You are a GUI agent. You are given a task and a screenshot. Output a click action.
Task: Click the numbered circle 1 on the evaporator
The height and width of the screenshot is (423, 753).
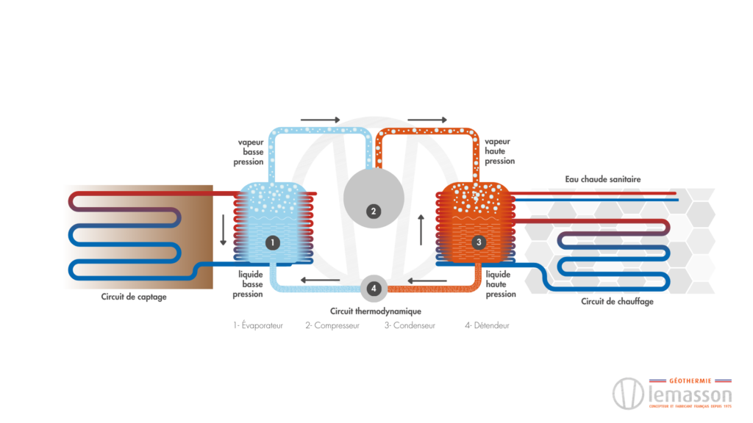(272, 242)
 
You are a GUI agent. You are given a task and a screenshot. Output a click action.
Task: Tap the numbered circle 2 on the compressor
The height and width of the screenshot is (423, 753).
(374, 211)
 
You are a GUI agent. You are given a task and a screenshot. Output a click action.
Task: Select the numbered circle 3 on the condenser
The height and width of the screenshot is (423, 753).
(479, 242)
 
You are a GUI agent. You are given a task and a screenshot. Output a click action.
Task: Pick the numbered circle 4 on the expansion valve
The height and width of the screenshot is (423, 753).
(374, 289)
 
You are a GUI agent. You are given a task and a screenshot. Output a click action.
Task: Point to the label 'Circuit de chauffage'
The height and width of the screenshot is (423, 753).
(617, 301)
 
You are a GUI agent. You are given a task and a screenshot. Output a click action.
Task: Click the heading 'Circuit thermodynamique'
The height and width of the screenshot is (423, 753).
(376, 311)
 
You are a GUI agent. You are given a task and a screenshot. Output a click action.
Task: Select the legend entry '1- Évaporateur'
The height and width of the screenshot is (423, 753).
(258, 325)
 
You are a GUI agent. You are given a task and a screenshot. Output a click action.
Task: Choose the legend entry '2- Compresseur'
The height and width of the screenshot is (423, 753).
(332, 325)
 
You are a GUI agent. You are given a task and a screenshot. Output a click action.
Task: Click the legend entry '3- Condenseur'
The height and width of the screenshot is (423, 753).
(409, 325)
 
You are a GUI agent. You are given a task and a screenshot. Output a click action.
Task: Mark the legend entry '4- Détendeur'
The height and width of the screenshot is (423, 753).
(487, 325)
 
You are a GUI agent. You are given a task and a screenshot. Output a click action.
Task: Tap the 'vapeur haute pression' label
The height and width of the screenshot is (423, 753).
(500, 151)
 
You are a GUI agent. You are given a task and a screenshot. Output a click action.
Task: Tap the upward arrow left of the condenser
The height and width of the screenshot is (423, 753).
(421, 229)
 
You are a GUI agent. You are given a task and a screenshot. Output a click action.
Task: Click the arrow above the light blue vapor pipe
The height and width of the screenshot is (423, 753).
(321, 120)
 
